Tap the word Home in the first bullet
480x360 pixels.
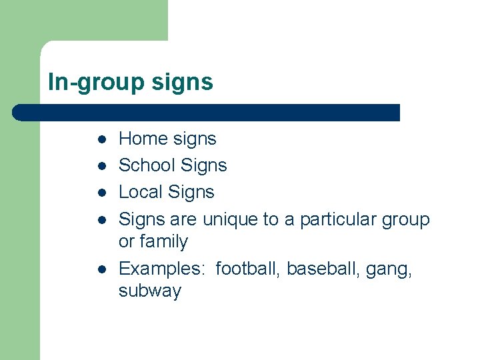point(143,139)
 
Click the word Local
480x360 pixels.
point(141,192)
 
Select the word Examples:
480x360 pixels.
point(161,269)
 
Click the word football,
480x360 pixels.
point(249,269)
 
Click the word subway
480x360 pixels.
point(150,291)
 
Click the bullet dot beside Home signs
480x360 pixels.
point(100,139)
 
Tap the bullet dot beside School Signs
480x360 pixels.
point(100,166)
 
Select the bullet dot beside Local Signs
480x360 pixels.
point(100,193)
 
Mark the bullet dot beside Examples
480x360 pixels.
point(100,269)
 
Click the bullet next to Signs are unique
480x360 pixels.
point(100,219)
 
